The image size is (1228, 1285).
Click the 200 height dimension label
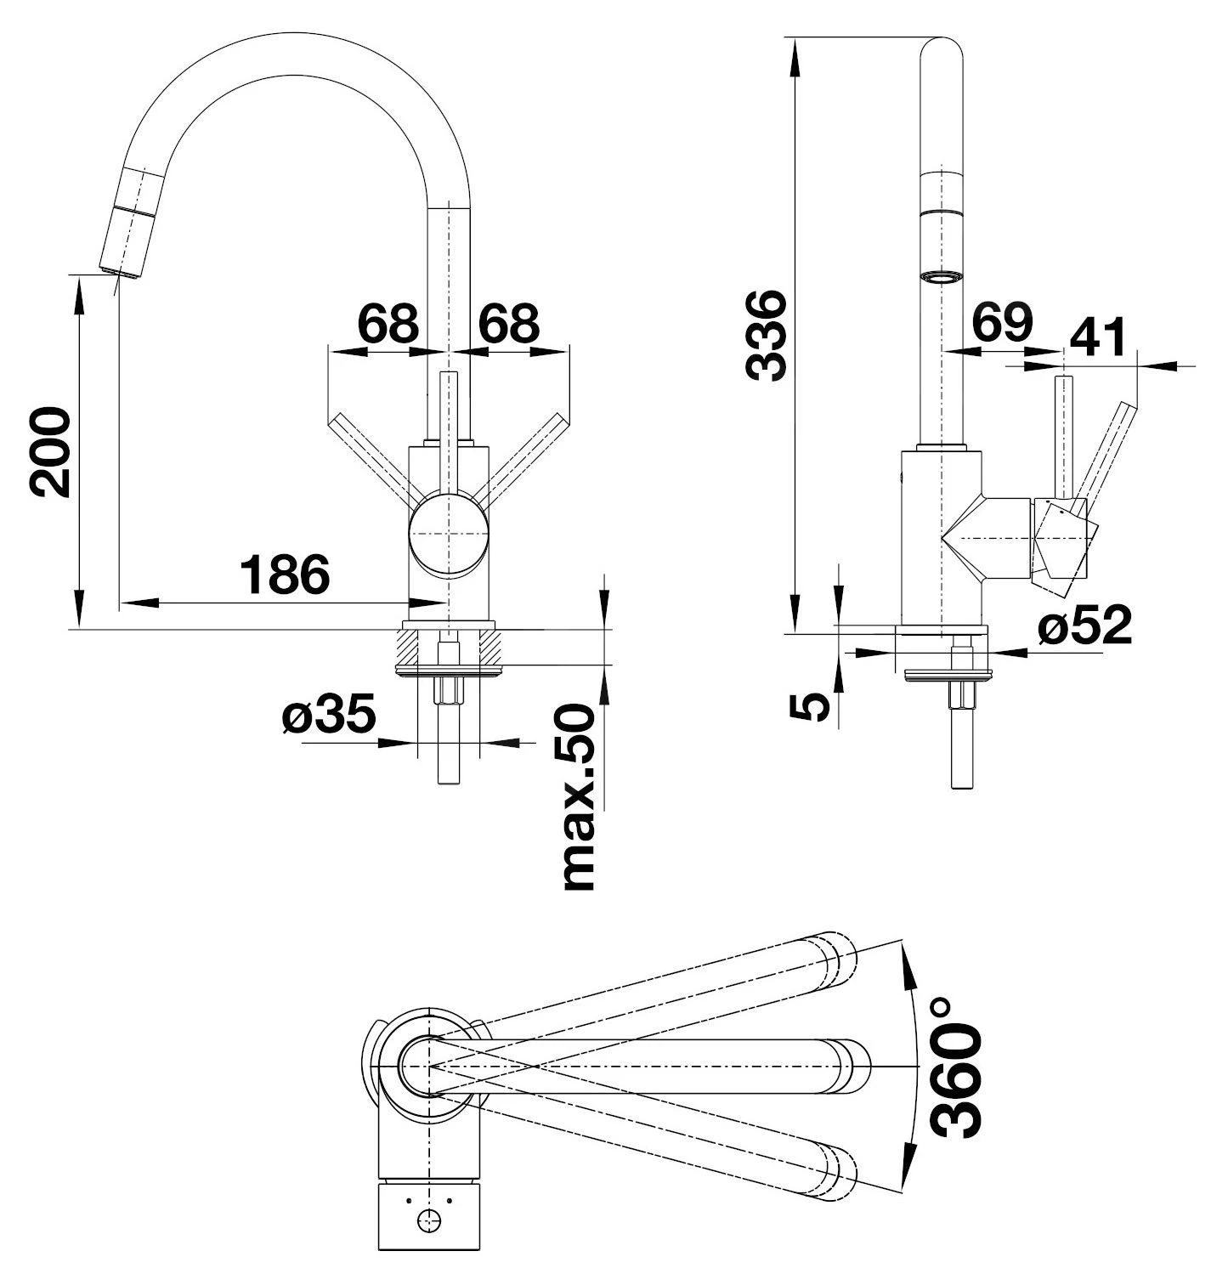click(48, 451)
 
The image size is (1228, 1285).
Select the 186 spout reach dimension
click(284, 575)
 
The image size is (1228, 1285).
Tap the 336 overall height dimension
click(766, 335)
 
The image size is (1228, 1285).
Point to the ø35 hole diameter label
click(329, 715)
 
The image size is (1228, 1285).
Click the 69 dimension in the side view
click(1003, 322)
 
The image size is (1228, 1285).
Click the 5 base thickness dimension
click(812, 705)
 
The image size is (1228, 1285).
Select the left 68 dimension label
click(388, 322)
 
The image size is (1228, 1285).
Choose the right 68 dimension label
click(509, 322)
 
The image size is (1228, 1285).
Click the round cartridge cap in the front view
click(448, 535)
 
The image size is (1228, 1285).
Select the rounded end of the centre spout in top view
click(852, 1066)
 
